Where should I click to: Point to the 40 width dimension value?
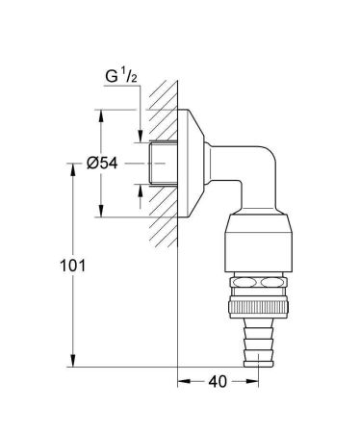[219, 383]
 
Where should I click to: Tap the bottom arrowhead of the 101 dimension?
[70, 363]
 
